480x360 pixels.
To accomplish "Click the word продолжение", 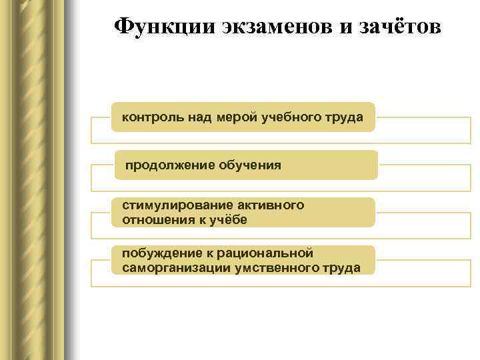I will click(x=169, y=165).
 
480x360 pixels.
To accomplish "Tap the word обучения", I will click(x=248, y=165).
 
